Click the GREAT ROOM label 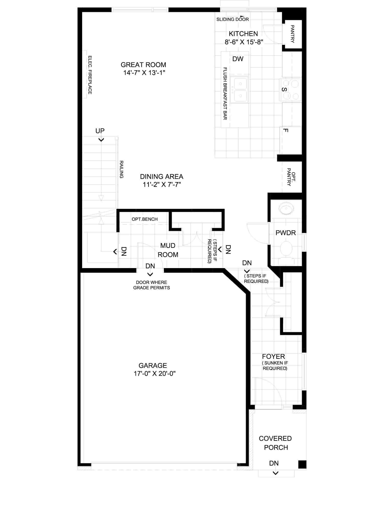pyautogui.click(x=143, y=65)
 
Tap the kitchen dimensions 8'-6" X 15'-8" pyautogui.click(x=244, y=42)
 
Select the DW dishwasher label pyautogui.click(x=238, y=59)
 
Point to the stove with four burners pyautogui.click(x=290, y=90)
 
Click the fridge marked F pyautogui.click(x=291, y=140)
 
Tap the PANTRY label pyautogui.click(x=292, y=34)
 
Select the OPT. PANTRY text pyautogui.click(x=291, y=177)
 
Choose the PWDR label pyautogui.click(x=286, y=233)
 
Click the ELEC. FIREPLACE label pyautogui.click(x=90, y=75)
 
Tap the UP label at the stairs pyautogui.click(x=100, y=131)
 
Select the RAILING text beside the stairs pyautogui.click(x=122, y=170)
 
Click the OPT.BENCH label pyautogui.click(x=145, y=219)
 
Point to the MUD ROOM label pyautogui.click(x=168, y=250)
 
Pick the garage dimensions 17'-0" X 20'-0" pyautogui.click(x=155, y=374)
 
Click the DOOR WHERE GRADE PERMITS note pyautogui.click(x=152, y=285)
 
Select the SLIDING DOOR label pyautogui.click(x=232, y=19)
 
